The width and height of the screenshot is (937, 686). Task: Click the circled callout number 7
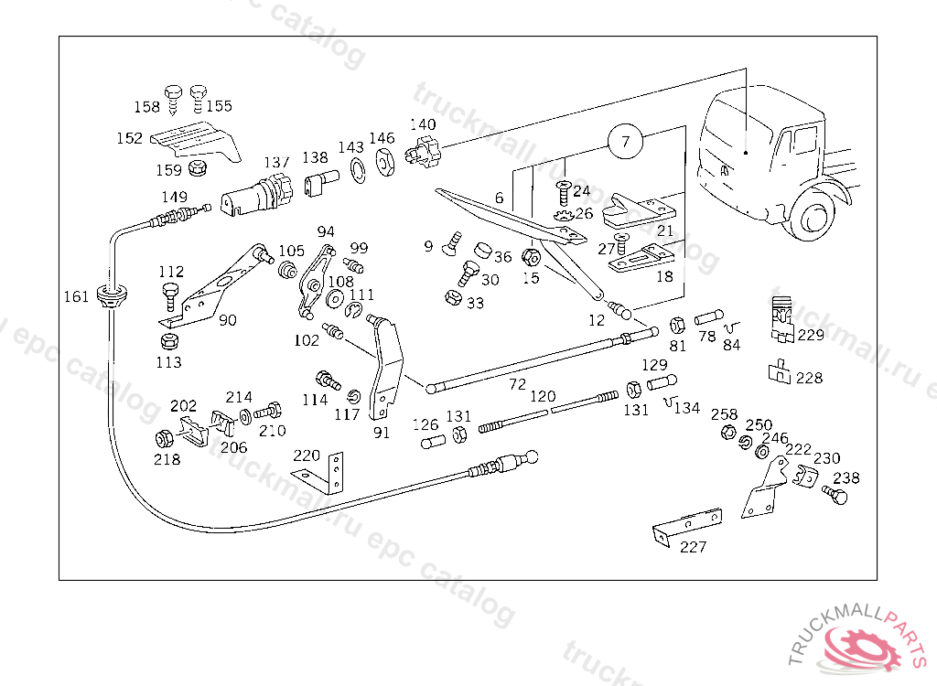[625, 142]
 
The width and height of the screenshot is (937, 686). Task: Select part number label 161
[76, 296]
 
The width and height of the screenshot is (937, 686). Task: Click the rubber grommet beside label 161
[112, 294]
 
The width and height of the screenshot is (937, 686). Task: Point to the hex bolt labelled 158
[173, 99]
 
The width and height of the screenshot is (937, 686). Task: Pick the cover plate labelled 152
[195, 141]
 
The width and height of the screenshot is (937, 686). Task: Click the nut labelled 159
[198, 168]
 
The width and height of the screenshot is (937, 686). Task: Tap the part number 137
[276, 162]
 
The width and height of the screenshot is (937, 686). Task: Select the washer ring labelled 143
[358, 171]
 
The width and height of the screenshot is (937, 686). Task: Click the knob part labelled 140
[425, 152]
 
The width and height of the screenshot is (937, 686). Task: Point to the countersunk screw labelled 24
[563, 192]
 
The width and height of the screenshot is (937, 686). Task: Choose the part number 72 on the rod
[518, 383]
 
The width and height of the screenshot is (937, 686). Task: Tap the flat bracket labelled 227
[687, 525]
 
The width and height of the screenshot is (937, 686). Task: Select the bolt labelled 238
[835, 495]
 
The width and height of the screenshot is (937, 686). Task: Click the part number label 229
[811, 336]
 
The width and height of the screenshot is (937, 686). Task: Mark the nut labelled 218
[165, 439]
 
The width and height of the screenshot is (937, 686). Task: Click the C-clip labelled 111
[354, 309]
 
